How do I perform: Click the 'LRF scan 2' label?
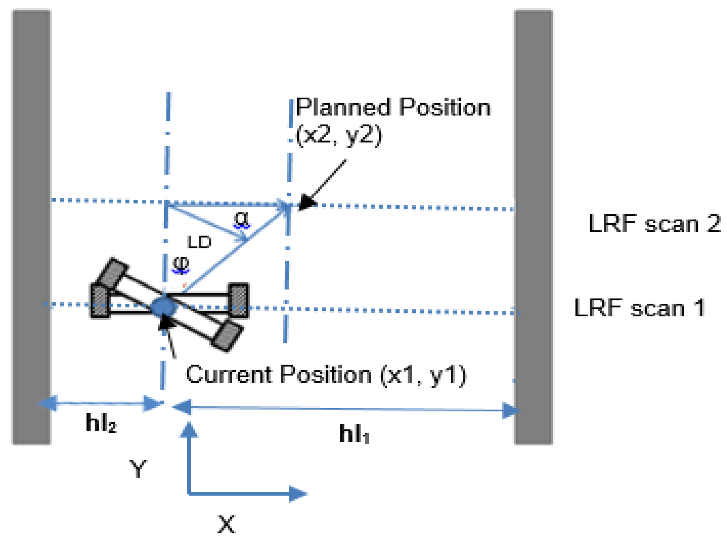(654, 224)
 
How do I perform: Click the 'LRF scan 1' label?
(640, 308)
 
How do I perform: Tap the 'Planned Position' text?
(393, 108)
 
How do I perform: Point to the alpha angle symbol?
(241, 219)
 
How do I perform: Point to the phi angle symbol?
(181, 264)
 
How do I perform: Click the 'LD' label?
(199, 242)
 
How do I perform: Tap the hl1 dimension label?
(354, 434)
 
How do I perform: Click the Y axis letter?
(138, 468)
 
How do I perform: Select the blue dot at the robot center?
(164, 307)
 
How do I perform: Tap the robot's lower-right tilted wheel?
(228, 337)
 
